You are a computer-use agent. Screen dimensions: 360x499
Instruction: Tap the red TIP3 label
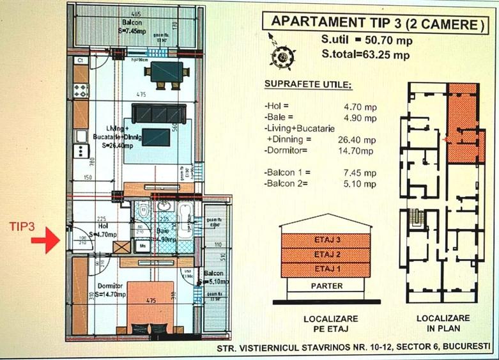click(x=22, y=226)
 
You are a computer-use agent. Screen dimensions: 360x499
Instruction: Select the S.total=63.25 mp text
click(x=366, y=54)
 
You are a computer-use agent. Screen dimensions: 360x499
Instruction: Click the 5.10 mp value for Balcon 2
click(x=361, y=184)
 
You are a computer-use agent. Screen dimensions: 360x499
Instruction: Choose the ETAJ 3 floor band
click(x=326, y=240)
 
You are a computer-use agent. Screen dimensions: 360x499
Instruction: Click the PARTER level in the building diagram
click(x=326, y=286)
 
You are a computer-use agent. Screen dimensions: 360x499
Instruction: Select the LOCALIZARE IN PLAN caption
click(x=443, y=322)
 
